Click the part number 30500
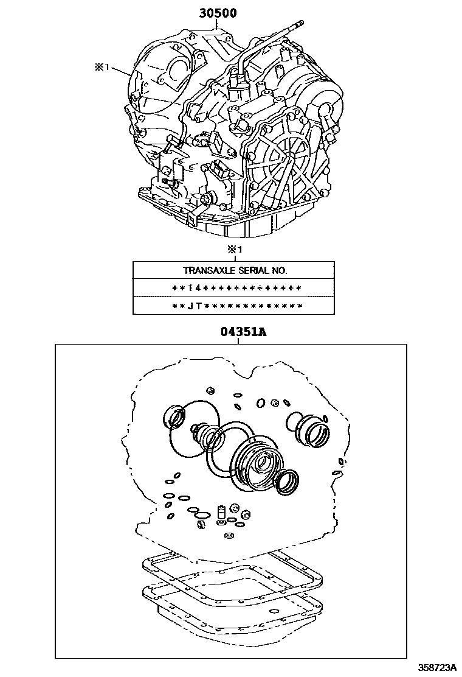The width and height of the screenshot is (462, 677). tap(218, 13)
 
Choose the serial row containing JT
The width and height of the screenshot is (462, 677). tap(236, 306)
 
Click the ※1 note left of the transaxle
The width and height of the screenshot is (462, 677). tap(102, 68)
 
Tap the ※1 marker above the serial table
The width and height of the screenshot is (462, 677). tap(235, 250)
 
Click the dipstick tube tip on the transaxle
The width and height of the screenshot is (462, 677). tap(300, 23)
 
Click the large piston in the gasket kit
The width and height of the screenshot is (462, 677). tap(254, 467)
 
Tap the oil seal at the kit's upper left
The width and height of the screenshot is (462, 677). tap(174, 416)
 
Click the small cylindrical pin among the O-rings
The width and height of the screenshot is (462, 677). tap(222, 511)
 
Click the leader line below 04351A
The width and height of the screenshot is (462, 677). tap(238, 341)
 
